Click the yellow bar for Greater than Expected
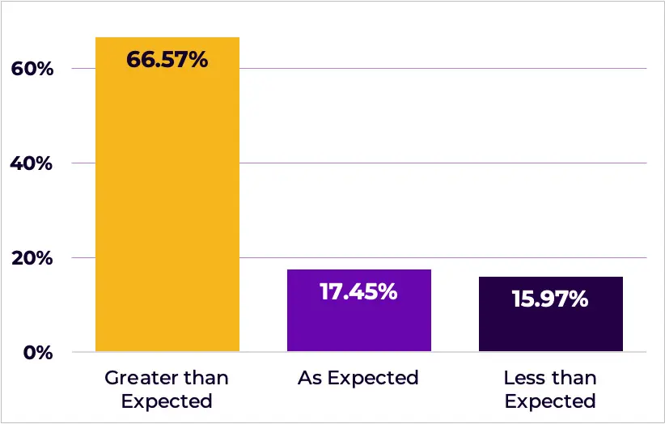click(167, 210)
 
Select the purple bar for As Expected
click(358, 324)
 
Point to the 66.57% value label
click(167, 59)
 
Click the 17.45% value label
click(358, 291)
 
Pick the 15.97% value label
click(550, 299)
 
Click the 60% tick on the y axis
click(32, 69)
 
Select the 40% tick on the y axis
click(32, 163)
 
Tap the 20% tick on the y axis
click(32, 258)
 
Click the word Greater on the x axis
click(138, 378)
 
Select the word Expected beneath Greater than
click(167, 401)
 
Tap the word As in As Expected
click(309, 378)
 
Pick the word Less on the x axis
click(522, 378)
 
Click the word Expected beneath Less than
click(550, 401)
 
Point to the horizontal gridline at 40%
click(445, 163)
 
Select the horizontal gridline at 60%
click(445, 69)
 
